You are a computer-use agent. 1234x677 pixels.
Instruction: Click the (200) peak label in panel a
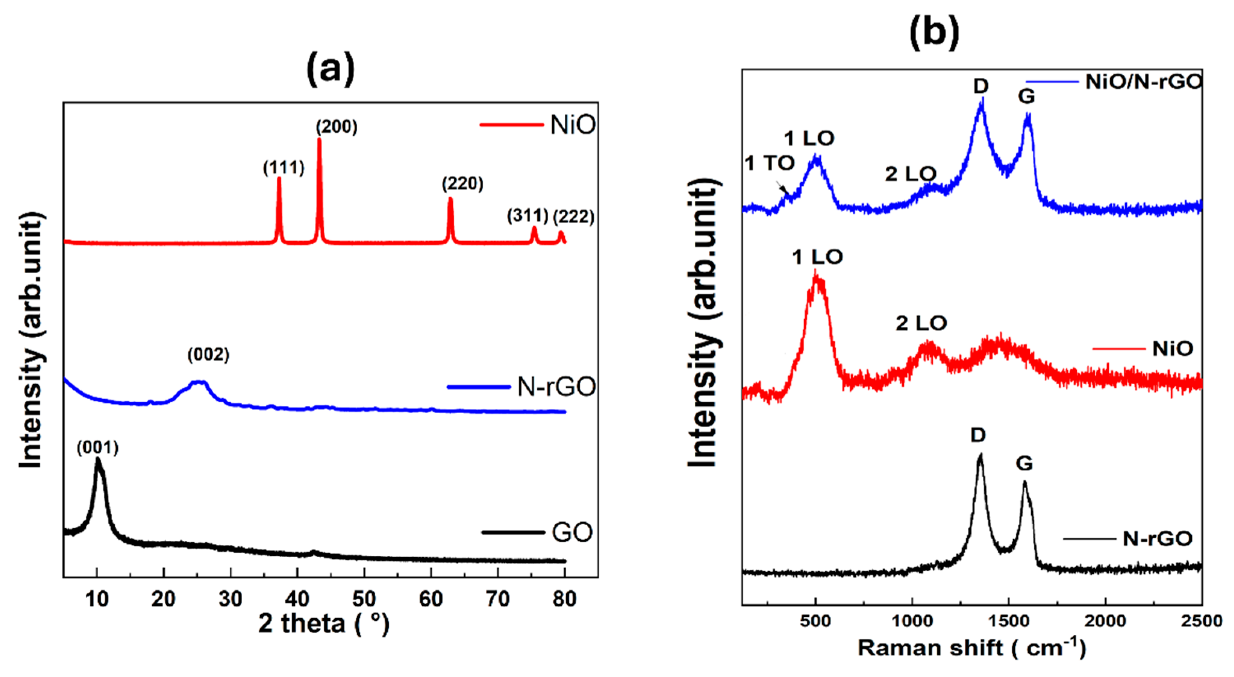coord(336,127)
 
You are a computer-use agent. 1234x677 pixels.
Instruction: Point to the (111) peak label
coord(284,168)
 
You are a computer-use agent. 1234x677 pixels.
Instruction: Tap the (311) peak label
coord(527,216)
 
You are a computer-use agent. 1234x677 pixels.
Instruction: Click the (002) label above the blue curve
coord(208,355)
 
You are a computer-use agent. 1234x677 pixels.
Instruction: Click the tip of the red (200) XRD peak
coord(319,139)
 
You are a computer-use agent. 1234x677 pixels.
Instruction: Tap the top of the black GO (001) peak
coord(98,459)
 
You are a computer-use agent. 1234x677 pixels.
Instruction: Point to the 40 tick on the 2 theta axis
coord(297,598)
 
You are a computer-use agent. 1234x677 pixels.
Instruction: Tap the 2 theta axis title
coord(324,623)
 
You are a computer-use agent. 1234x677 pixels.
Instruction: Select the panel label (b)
coord(934,32)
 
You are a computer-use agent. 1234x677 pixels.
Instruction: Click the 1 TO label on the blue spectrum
coord(769,164)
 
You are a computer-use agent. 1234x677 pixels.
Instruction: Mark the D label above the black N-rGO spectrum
coord(978,435)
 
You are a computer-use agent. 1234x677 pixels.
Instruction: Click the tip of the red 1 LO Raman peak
coord(815,273)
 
